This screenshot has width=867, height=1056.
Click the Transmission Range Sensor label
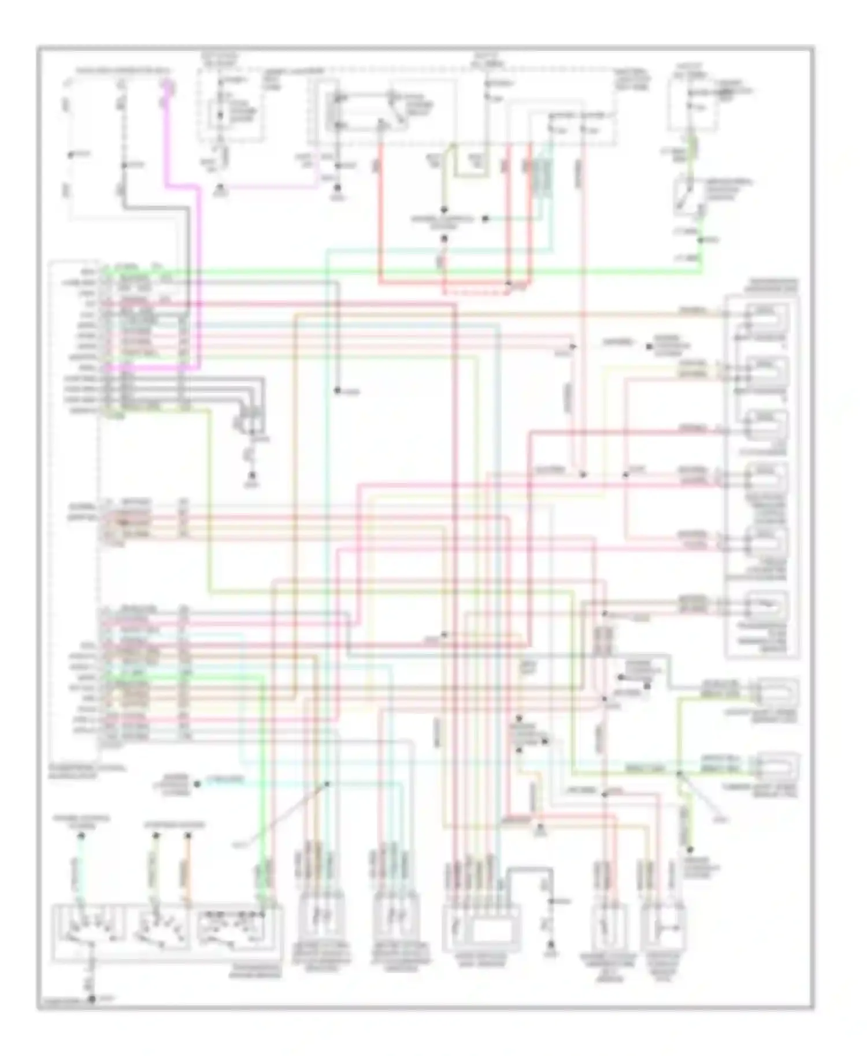coord(254,971)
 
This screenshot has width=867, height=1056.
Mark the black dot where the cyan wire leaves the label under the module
coord(197,784)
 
